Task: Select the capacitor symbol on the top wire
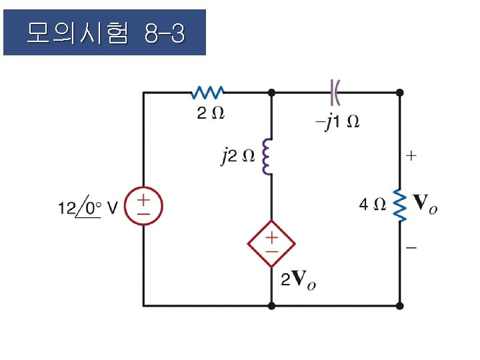pyautogui.click(x=335, y=91)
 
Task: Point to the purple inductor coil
pyautogui.click(x=269, y=156)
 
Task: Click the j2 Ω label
pyautogui.click(x=237, y=157)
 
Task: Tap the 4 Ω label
pyautogui.click(x=372, y=204)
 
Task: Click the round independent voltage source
pyautogui.click(x=144, y=205)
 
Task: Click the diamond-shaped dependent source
pyautogui.click(x=271, y=243)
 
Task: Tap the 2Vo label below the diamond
pyautogui.click(x=298, y=281)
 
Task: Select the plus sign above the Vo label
pyautogui.click(x=411, y=157)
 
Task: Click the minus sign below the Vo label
pyautogui.click(x=411, y=247)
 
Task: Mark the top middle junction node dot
pyautogui.click(x=271, y=92)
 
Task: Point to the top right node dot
pyautogui.click(x=400, y=92)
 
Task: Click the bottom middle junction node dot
pyautogui.click(x=271, y=305)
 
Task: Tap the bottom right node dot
pyautogui.click(x=400, y=305)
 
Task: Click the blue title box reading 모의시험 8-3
pyautogui.click(x=105, y=32)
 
